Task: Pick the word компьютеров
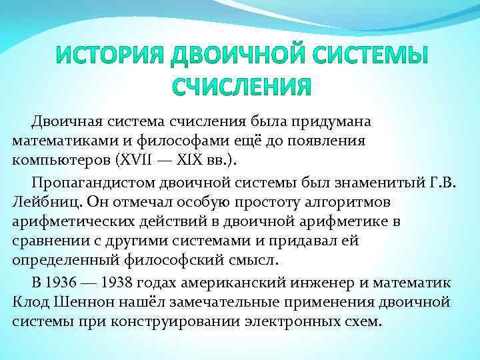tap(55, 162)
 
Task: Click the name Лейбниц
tap(39, 201)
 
